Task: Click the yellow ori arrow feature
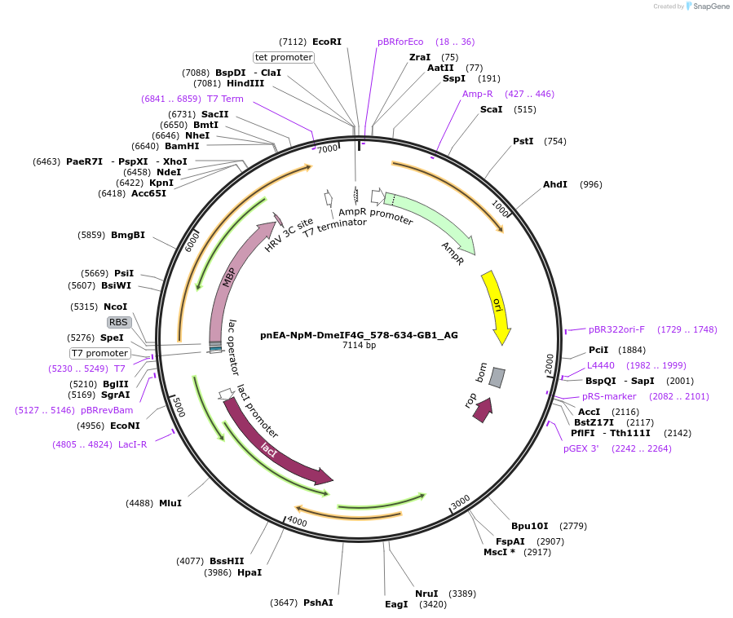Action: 495,305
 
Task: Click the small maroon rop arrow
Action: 483,409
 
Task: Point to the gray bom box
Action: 497,377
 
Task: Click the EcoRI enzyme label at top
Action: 327,42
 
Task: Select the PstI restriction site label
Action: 523,141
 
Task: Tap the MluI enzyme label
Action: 170,503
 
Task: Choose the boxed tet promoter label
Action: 284,57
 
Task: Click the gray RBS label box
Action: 118,322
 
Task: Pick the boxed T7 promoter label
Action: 100,353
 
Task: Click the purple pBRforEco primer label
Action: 400,42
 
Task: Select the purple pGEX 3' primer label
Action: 581,448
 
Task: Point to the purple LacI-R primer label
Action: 132,444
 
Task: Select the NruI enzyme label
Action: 426,594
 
